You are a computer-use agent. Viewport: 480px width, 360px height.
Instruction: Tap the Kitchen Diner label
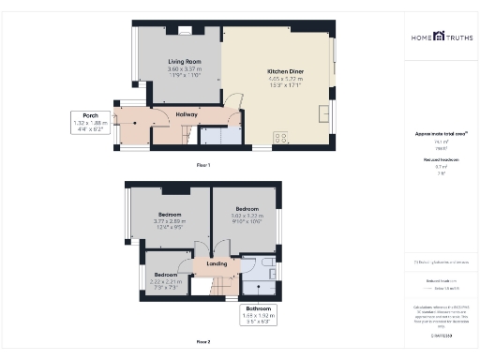tap(283, 72)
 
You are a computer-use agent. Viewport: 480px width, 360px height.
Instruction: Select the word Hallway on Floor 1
tap(187, 115)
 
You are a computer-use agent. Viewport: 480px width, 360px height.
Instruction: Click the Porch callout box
tap(90, 122)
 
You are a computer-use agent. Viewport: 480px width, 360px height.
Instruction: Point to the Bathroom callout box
tap(258, 312)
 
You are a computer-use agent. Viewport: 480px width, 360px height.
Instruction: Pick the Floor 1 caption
tap(203, 165)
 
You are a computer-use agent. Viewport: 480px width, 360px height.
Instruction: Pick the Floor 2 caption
tap(203, 341)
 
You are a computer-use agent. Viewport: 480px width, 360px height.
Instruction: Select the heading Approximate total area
tap(439, 134)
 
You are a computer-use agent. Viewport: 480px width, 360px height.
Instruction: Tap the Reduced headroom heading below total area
tap(438, 159)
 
